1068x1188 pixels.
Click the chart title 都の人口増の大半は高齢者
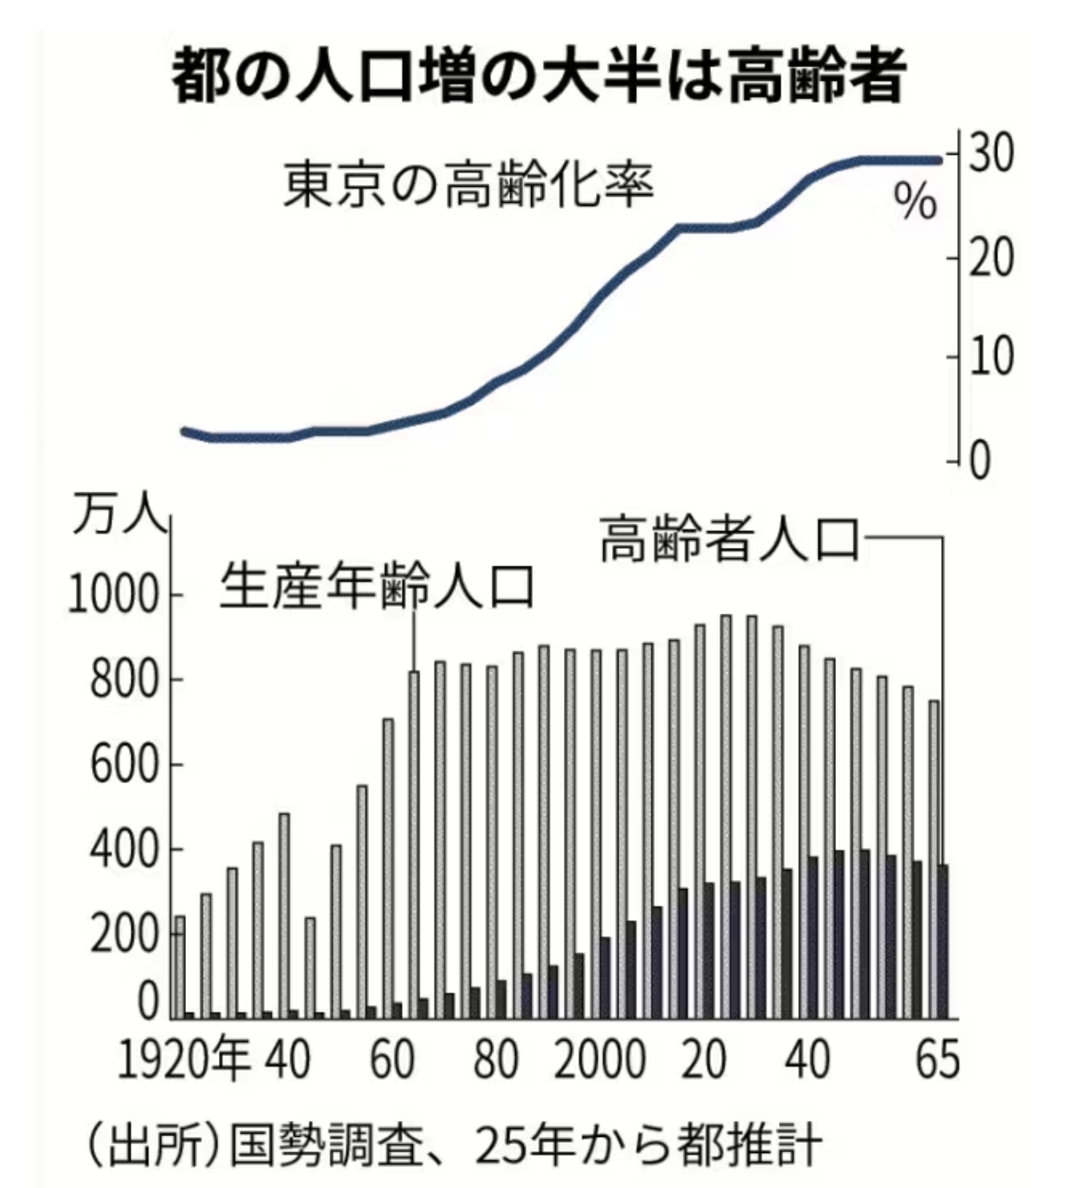tap(538, 75)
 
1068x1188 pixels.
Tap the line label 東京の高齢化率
tap(468, 184)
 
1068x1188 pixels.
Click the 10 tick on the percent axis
tap(991, 357)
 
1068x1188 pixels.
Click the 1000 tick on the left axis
tap(113, 595)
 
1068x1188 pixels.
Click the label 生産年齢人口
tap(377, 585)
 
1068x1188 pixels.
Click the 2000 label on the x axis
tap(600, 1060)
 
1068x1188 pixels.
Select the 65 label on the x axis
tap(937, 1060)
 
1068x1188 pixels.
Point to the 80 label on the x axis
tap(495, 1060)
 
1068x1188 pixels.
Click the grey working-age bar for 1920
tap(179, 967)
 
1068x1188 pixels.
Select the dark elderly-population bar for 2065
tap(943, 941)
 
